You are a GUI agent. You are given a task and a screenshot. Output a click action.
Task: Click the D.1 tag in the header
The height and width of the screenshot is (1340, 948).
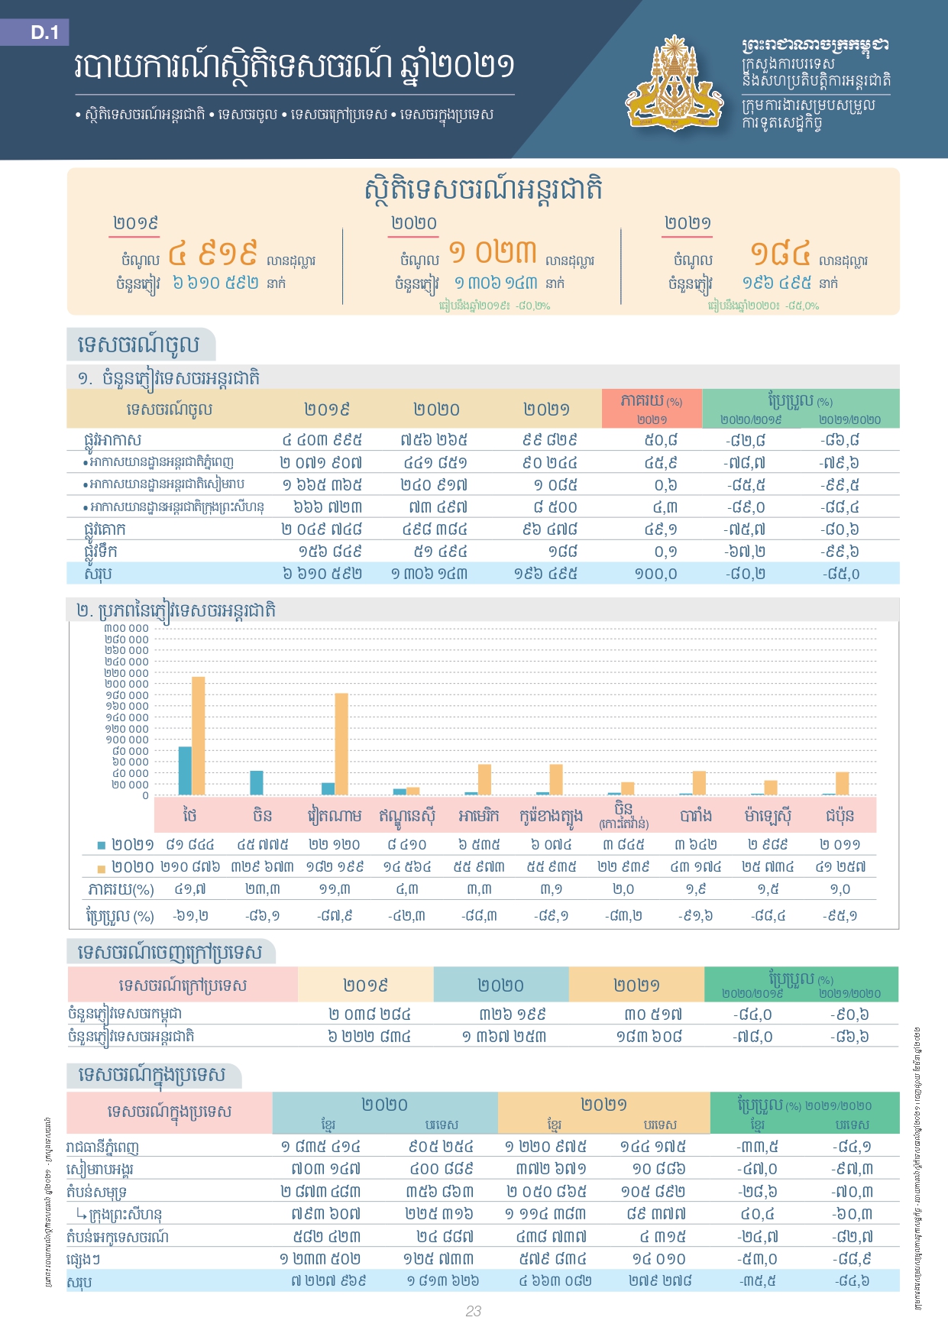(x=44, y=32)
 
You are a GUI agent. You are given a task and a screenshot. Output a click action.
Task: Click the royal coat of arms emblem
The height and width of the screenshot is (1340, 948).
(x=675, y=83)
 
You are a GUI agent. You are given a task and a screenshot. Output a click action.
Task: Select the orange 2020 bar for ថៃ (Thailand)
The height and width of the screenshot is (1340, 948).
(x=199, y=735)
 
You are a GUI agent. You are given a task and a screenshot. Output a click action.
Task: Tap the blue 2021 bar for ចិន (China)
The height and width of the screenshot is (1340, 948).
(x=257, y=782)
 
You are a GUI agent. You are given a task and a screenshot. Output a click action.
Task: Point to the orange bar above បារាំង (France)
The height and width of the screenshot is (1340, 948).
(x=699, y=782)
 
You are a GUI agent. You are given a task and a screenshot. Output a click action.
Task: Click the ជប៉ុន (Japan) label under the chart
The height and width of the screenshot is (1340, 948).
(x=840, y=815)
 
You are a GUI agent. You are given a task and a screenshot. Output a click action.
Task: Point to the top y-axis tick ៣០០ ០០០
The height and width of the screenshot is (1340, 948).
(x=127, y=628)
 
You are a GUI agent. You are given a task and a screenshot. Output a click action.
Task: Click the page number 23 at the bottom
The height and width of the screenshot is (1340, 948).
(x=474, y=1311)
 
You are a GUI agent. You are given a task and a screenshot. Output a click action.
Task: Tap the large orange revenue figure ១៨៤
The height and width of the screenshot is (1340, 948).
(x=779, y=252)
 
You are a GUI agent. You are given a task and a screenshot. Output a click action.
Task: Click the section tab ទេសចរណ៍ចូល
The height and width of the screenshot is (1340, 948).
(x=139, y=345)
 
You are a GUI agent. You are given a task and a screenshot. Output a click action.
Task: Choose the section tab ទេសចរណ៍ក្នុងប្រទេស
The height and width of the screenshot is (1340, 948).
(x=152, y=1075)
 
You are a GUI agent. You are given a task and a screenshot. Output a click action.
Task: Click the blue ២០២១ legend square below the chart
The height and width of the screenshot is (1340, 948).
(x=102, y=845)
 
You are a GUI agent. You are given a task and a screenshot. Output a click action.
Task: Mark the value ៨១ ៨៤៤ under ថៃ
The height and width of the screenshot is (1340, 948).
(x=189, y=844)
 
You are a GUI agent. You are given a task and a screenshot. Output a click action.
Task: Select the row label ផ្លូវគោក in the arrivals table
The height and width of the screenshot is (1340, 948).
(x=105, y=529)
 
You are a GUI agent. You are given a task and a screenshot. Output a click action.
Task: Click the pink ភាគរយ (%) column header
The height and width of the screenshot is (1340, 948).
(x=652, y=408)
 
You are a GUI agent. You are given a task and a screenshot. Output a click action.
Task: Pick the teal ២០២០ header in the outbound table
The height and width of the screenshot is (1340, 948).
(x=500, y=985)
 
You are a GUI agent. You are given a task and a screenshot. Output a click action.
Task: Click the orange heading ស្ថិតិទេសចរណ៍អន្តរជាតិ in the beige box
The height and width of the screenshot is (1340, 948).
(x=484, y=189)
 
